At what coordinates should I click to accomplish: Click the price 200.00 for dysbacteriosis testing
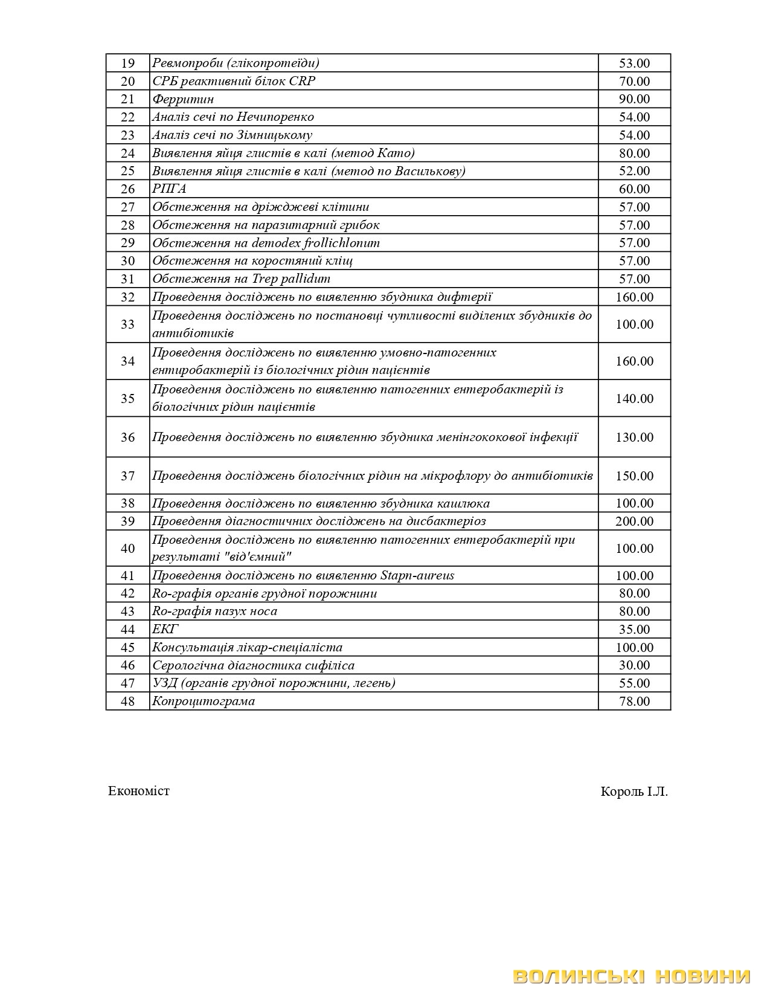click(x=634, y=521)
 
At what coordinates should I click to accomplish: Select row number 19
click(x=127, y=63)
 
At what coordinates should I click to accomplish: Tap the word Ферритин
click(x=182, y=99)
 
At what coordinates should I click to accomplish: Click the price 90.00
click(x=634, y=99)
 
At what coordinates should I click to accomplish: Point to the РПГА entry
click(x=169, y=189)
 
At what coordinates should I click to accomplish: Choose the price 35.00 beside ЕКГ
click(x=634, y=630)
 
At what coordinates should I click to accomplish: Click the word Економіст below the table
click(x=139, y=791)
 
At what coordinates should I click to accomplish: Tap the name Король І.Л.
click(x=634, y=792)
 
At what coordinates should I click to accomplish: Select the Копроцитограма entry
click(x=204, y=702)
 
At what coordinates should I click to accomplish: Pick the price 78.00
click(x=634, y=702)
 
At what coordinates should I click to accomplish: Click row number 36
click(x=127, y=437)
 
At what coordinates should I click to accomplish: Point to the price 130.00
click(x=634, y=437)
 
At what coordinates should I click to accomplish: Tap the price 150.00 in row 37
click(x=634, y=476)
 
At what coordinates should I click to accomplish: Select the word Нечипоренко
click(x=275, y=117)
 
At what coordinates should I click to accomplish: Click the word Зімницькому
click(x=274, y=135)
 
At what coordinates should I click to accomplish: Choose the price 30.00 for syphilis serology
click(x=634, y=665)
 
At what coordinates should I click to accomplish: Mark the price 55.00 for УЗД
click(x=634, y=683)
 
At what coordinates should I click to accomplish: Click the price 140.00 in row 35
click(x=634, y=399)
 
